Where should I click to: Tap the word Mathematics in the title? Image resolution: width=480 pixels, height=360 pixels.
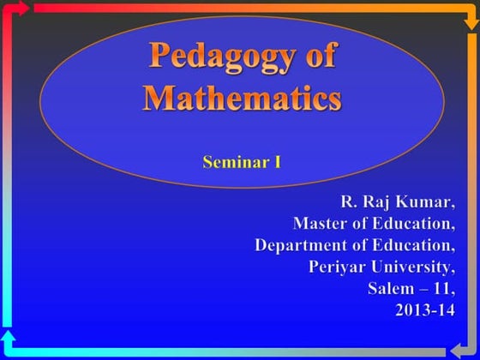242,97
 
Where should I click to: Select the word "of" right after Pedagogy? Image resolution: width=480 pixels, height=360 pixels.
316,58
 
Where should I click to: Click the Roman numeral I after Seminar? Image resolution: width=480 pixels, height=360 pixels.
277,160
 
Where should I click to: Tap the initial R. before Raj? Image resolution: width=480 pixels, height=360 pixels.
349,202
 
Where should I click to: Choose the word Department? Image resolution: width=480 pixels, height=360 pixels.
297,245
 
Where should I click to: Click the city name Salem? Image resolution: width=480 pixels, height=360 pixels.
390,288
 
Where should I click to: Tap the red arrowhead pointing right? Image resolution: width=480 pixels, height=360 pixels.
26,9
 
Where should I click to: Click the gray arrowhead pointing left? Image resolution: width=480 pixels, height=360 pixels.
454,351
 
